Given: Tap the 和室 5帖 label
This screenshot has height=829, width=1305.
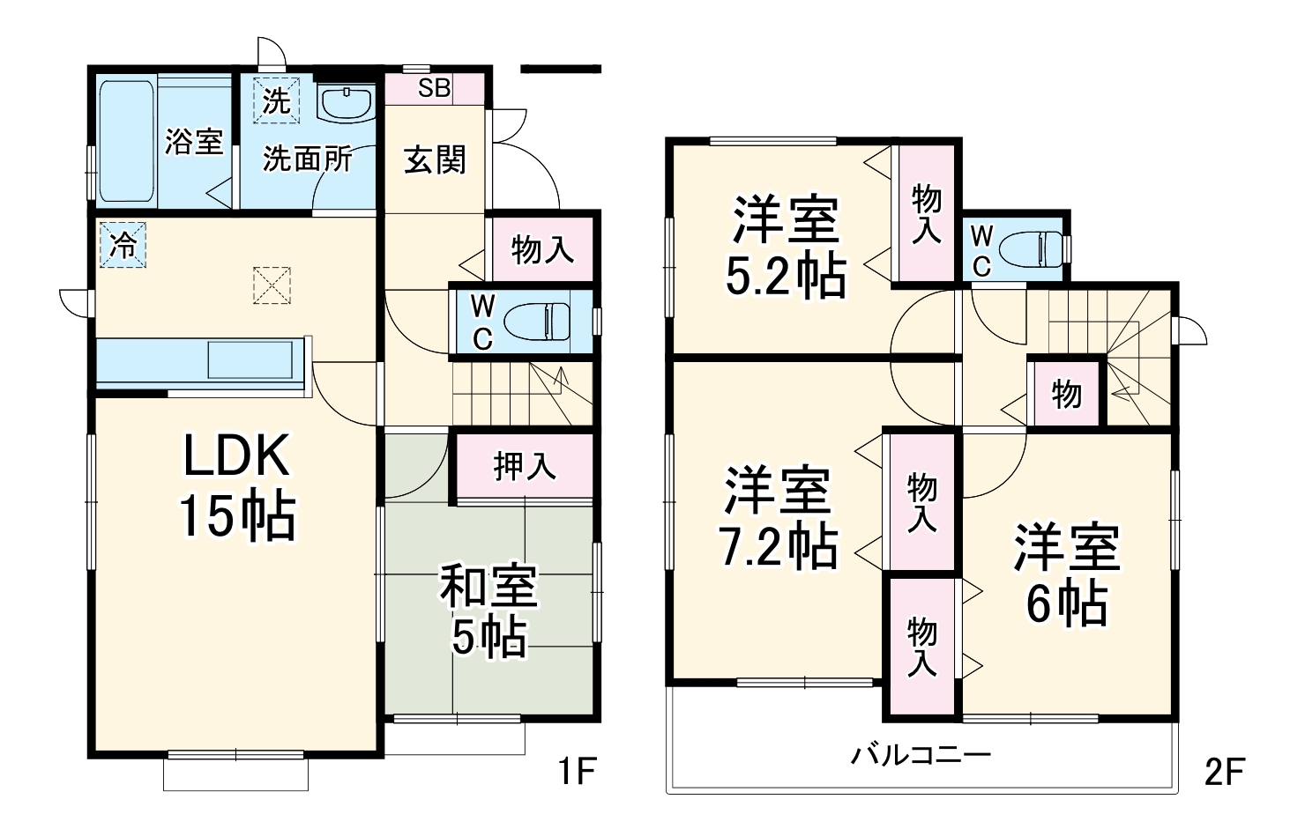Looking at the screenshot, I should point(488,611).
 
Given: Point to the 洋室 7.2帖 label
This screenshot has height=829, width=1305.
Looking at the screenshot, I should point(778,518).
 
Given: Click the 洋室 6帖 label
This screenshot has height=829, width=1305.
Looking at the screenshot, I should point(1066,574).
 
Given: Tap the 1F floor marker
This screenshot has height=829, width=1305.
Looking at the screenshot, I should point(578,772).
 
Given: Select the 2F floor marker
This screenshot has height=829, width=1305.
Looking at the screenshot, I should point(1224,772).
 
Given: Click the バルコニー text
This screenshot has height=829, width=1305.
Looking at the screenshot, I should point(921,755).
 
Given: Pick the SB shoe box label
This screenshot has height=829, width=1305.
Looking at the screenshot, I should point(434,88).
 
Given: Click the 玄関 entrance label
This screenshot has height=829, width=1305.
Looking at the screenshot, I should point(435,160).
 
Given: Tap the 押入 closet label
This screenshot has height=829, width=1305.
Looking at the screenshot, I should point(525,466).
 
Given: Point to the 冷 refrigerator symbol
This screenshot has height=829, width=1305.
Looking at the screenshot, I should point(123,244).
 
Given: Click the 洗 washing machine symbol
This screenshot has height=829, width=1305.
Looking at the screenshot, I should point(276,100).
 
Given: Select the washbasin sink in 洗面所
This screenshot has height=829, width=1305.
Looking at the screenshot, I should point(347,103).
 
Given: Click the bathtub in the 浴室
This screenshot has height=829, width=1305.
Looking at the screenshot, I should point(127,142).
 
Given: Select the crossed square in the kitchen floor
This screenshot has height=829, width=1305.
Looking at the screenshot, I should point(272,285).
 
